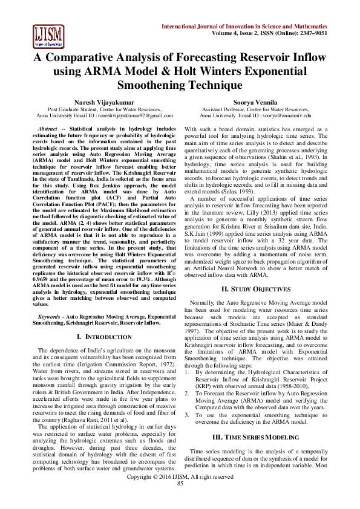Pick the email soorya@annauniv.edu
pos(283,115)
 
